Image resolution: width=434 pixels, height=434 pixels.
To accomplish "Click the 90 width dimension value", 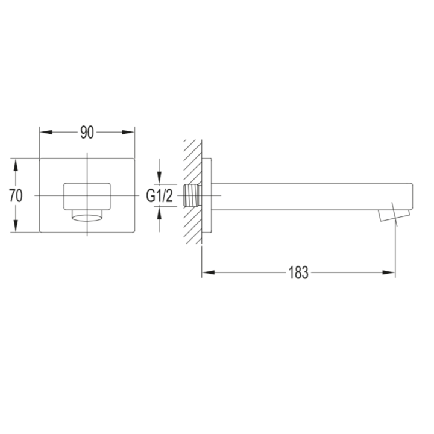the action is [87, 132].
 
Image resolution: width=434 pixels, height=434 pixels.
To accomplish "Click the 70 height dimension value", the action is [16, 195].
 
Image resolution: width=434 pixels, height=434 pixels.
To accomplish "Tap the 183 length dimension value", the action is [298, 272].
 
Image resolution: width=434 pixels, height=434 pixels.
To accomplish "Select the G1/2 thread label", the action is [159, 196].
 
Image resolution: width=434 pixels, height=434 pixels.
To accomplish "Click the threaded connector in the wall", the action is [192, 195].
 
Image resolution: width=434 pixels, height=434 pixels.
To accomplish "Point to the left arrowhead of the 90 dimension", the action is [46, 132].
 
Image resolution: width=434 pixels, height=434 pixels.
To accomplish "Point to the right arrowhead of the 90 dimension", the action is [128, 132].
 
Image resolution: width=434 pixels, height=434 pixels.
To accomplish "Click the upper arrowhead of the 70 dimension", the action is [16, 166].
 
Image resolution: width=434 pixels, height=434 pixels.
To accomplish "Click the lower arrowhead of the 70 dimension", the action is [16, 226].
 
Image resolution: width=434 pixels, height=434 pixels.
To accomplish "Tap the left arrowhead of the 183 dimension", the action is [209, 272].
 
